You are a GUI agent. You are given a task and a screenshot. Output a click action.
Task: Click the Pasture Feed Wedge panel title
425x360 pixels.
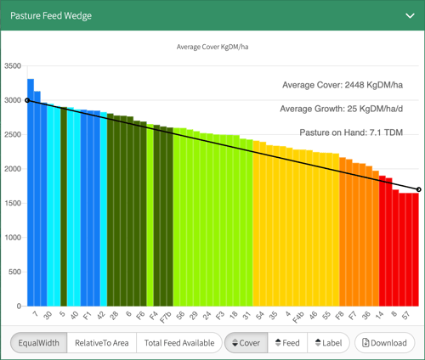pos(52,15)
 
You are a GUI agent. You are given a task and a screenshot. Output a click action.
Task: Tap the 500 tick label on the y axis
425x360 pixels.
pos(16,272)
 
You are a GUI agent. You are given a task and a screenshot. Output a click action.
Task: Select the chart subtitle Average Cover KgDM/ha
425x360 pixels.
pos(212,47)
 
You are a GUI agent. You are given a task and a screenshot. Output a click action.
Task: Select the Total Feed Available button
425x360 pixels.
pos(178,343)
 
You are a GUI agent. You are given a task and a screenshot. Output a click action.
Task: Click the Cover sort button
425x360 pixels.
pos(242,343)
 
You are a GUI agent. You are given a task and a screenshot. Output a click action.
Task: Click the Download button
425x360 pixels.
pos(384,343)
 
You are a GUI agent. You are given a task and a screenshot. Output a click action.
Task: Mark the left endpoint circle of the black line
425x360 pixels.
pos(27,100)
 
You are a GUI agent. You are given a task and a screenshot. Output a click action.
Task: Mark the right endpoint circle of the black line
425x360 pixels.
pos(418,189)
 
